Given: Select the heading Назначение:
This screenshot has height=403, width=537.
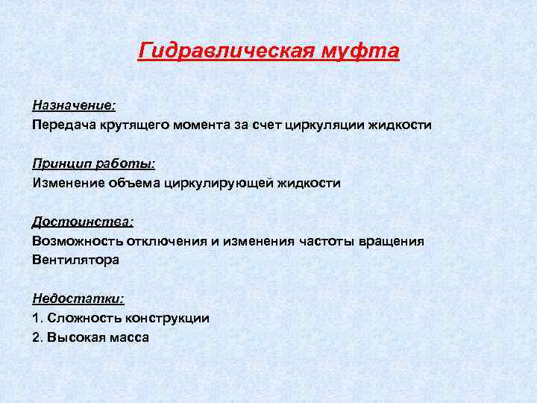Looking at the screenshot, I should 73,105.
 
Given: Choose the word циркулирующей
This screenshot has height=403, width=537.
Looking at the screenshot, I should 228,183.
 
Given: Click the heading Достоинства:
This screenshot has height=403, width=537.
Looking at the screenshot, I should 82,222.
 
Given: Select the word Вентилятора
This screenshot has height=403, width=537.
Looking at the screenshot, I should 75,260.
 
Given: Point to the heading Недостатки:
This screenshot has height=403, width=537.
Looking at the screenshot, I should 78,299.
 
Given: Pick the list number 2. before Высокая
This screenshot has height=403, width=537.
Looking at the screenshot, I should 37,337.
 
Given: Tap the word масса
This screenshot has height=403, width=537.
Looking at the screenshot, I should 129,337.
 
